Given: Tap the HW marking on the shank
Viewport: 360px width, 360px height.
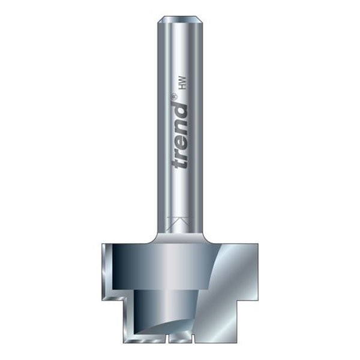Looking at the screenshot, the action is pos(183,84).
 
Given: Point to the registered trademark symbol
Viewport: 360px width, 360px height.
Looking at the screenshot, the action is pos(175,96).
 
